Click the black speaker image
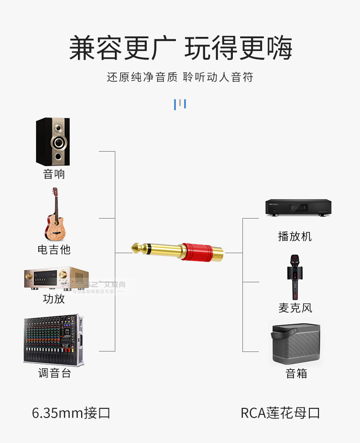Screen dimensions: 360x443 [53, 142]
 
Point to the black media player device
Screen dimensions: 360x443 [298, 208]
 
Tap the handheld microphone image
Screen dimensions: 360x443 [294, 277]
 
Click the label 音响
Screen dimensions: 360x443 [54, 174]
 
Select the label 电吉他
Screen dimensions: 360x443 [54, 249]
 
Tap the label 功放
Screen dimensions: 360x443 [54, 299]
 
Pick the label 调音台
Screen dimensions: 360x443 [54, 373]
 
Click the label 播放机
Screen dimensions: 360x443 [295, 236]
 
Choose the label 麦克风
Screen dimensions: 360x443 [295, 308]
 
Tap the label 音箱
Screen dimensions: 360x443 [296, 374]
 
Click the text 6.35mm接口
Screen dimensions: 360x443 [71, 413]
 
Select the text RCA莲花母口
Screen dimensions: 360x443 [280, 413]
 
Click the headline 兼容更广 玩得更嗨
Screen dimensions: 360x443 [180, 48]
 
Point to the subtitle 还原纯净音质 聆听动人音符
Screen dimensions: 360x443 [180, 77]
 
